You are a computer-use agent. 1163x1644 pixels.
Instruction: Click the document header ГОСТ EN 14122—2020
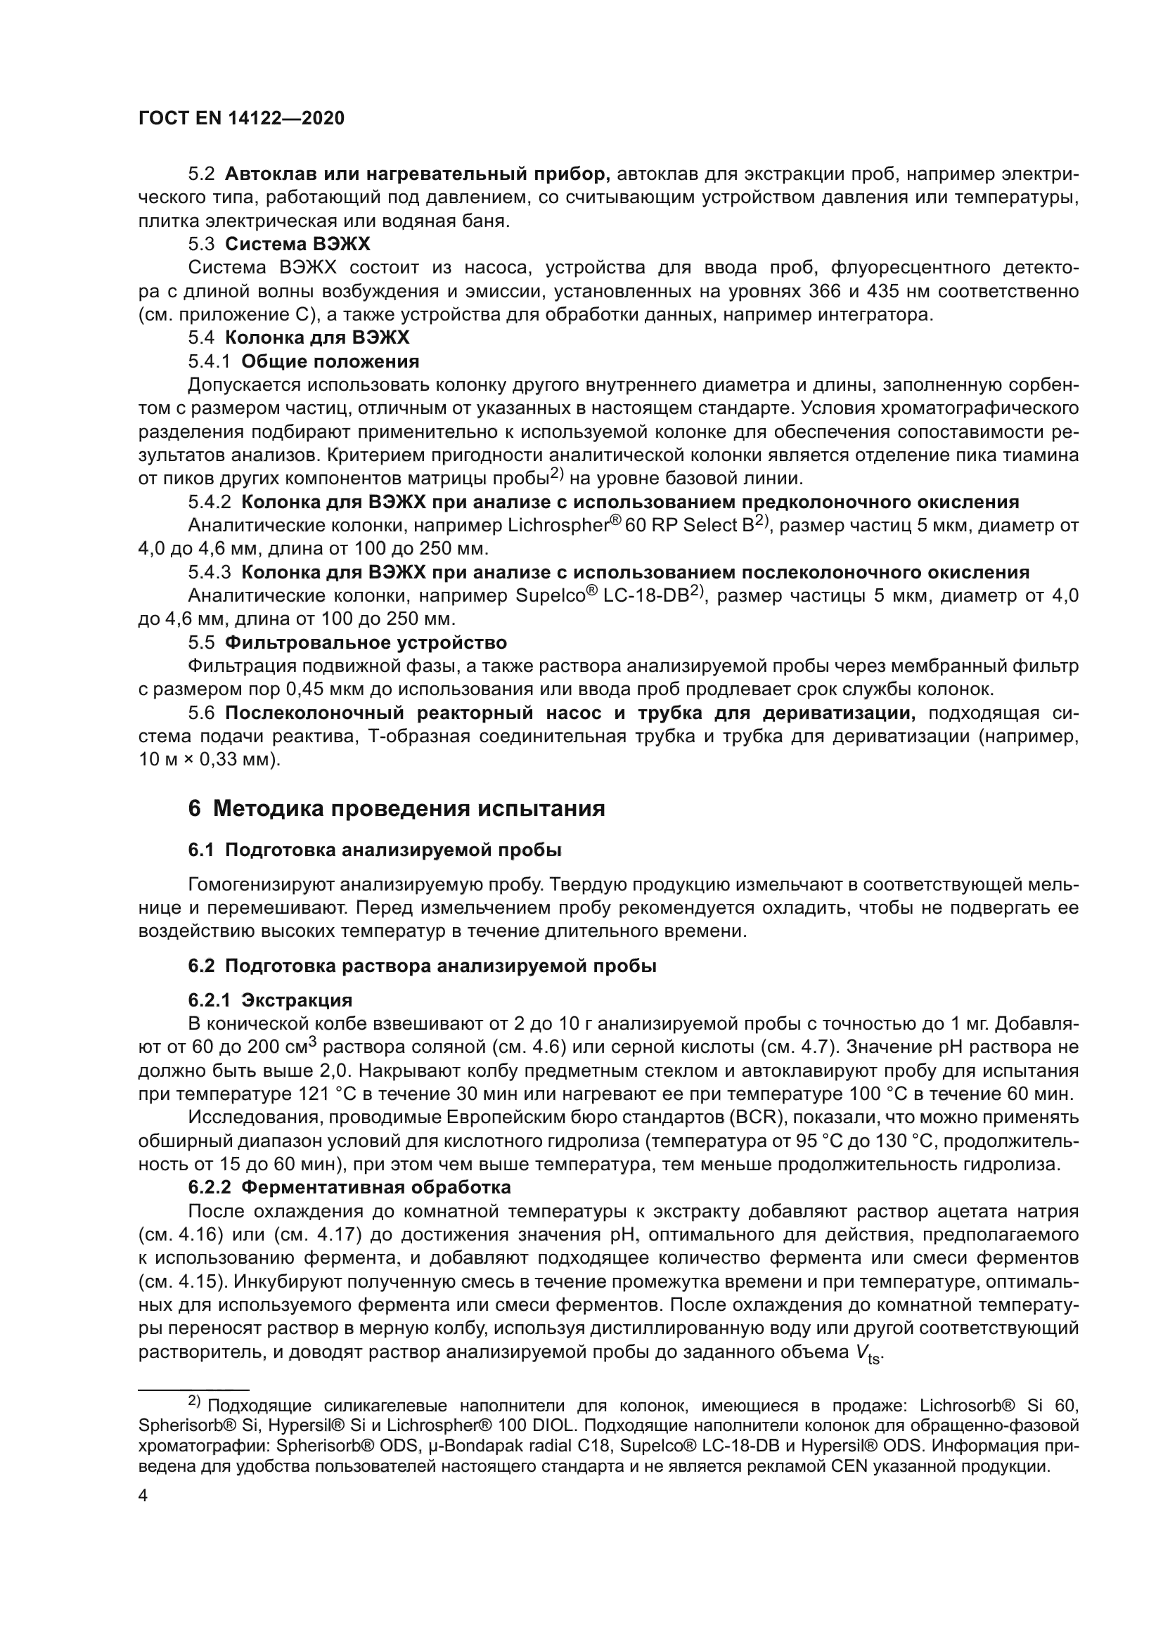tap(240, 118)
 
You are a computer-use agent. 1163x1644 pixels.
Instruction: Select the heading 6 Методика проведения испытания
tap(396, 808)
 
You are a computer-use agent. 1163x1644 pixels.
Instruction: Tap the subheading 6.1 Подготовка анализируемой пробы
tap(375, 850)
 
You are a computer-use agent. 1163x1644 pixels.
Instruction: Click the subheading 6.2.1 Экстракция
tap(270, 999)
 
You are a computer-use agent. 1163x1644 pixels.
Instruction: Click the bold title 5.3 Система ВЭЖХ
tap(279, 244)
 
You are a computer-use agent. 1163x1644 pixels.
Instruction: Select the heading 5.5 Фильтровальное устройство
tap(347, 642)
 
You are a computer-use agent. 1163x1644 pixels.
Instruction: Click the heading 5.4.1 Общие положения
tap(304, 361)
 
